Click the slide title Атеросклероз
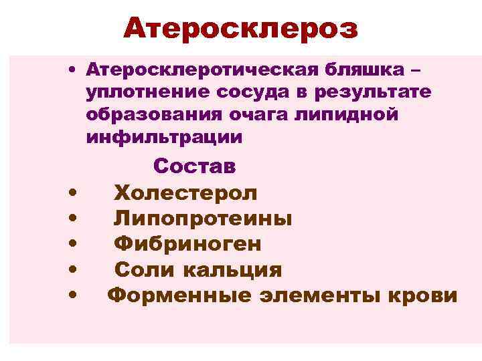coord(240,29)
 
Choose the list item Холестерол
coord(185,194)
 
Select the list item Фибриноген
coord(187,245)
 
